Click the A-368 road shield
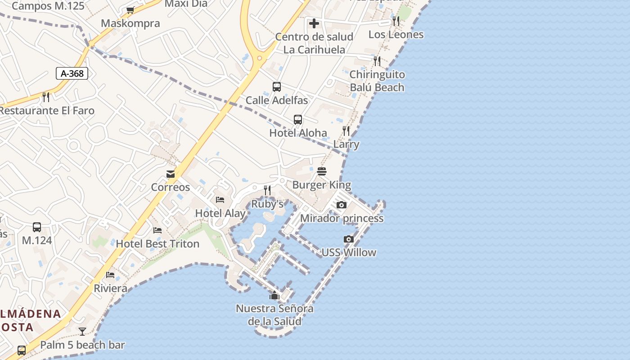(72, 73)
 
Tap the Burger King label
(321, 185)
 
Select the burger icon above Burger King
(321, 171)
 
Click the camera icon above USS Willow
(349, 239)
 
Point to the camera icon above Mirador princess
(342, 205)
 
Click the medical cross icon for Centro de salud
(314, 23)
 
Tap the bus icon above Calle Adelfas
(277, 87)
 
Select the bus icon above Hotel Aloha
(298, 120)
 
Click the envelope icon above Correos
(171, 174)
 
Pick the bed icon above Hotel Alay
(220, 200)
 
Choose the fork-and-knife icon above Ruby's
(267, 190)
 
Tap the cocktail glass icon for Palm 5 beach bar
(82, 332)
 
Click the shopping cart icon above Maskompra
(130, 10)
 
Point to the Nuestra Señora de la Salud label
(274, 315)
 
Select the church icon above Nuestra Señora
(274, 296)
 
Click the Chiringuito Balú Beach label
(377, 81)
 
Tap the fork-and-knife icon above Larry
(346, 131)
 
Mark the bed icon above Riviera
(110, 275)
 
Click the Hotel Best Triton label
(157, 244)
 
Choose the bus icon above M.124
(37, 227)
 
